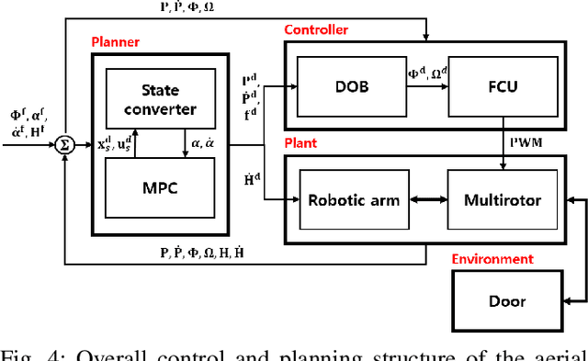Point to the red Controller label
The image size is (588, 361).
[317, 29]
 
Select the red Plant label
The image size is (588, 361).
[300, 144]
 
